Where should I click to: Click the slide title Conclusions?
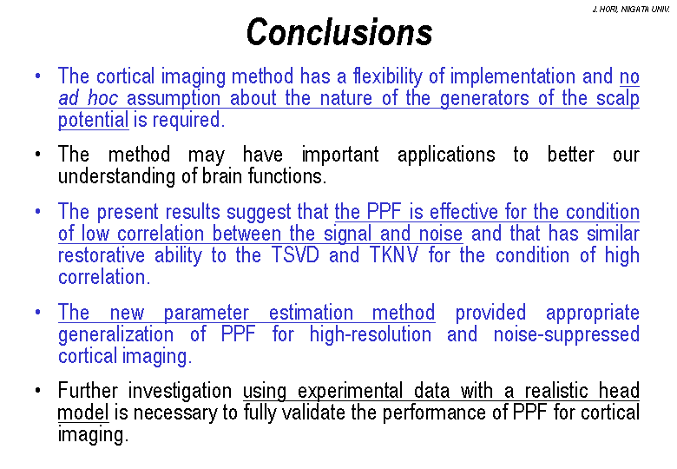[339, 32]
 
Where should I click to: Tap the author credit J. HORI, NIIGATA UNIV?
[631, 10]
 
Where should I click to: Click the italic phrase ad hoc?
[88, 98]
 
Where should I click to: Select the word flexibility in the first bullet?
[387, 77]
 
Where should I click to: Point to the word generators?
[484, 99]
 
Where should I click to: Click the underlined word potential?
[93, 120]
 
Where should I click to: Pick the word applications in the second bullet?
[446, 155]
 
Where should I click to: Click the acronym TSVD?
[295, 254]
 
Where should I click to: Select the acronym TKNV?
[394, 254]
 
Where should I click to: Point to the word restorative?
[102, 254]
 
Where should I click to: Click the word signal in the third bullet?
[347, 234]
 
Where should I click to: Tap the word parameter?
[207, 313]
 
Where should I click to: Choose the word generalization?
[115, 335]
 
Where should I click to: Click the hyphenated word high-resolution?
[371, 335]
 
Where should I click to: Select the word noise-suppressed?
[567, 335]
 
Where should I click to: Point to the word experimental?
[350, 391]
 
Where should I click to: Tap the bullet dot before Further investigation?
[38, 391]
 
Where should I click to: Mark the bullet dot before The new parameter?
[38, 312]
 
